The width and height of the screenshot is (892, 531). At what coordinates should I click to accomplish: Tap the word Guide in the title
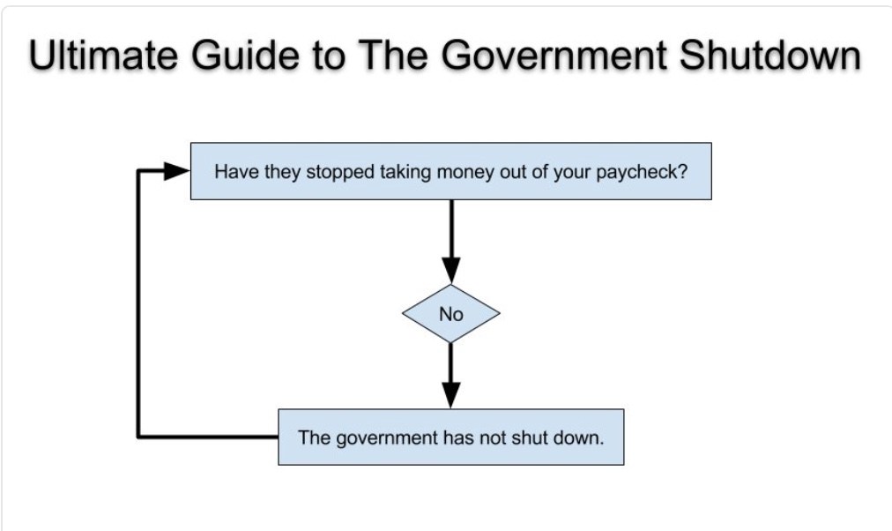click(244, 56)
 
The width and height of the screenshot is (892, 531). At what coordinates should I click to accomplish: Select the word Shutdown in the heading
click(770, 56)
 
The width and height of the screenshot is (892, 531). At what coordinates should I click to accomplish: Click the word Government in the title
click(554, 56)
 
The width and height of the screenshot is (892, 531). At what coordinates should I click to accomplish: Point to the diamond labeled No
click(451, 314)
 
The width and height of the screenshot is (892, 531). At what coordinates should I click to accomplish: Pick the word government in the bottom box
click(387, 438)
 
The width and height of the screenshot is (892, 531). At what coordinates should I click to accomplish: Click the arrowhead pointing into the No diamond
click(451, 270)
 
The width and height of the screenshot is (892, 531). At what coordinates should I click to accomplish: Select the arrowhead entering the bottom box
click(451, 395)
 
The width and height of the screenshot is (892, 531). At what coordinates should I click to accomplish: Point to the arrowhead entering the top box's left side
click(177, 170)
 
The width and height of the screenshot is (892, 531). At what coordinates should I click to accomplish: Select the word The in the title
click(392, 56)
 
